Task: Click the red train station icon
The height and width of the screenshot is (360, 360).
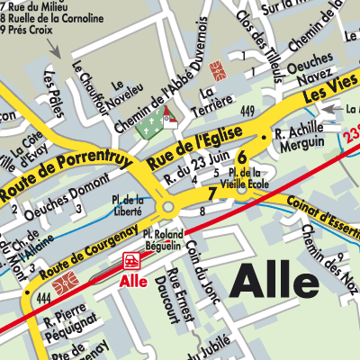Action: tap(132, 261)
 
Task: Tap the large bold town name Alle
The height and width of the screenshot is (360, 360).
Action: tap(276, 282)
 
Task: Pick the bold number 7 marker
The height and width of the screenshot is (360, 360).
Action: tap(212, 193)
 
